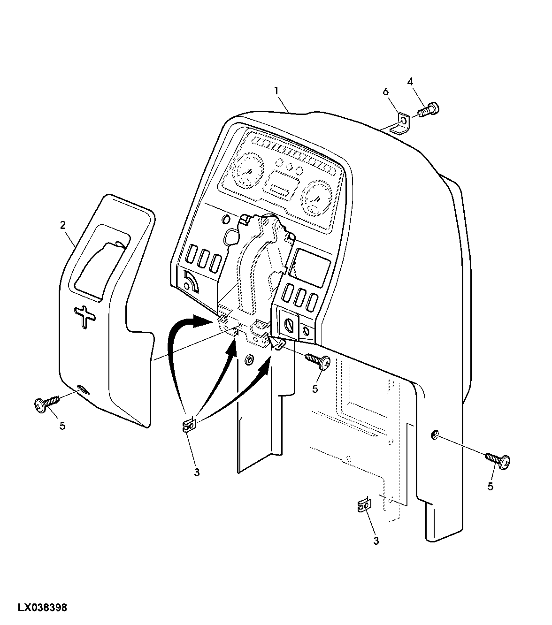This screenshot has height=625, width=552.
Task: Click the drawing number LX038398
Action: (x=42, y=608)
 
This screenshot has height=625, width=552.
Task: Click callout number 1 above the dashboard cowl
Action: (x=276, y=91)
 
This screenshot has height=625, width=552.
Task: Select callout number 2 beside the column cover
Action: (x=63, y=225)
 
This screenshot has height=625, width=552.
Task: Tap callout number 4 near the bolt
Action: (x=410, y=82)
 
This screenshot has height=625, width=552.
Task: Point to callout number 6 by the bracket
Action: (x=386, y=91)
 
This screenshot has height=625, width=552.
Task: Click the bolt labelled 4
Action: (x=429, y=110)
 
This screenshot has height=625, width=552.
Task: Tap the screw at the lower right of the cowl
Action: (x=498, y=461)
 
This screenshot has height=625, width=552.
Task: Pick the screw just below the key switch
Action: (x=318, y=362)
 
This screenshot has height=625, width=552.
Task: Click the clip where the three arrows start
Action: (x=188, y=426)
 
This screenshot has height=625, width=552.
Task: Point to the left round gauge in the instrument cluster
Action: (x=249, y=170)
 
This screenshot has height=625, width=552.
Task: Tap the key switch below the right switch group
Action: (x=290, y=326)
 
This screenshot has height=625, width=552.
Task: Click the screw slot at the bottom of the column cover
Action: (x=83, y=389)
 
